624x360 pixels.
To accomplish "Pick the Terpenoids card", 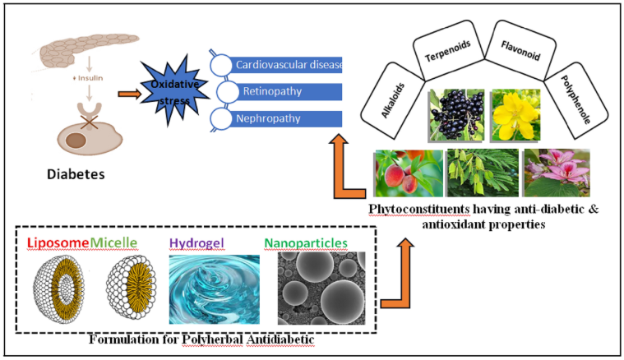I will (x=441, y=58).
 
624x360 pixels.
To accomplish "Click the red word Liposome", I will (x=58, y=242).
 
